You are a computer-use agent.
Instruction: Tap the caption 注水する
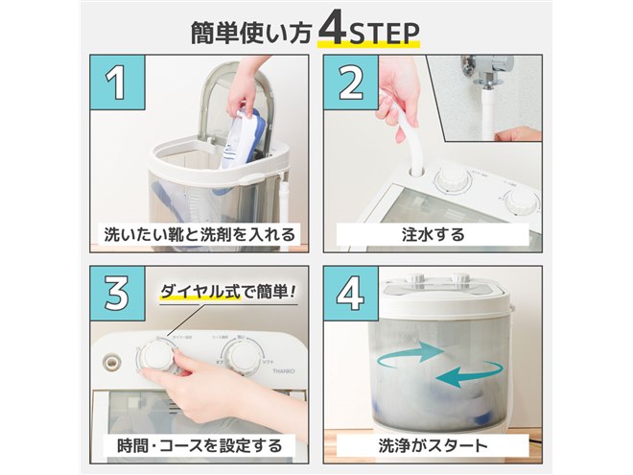click(x=433, y=233)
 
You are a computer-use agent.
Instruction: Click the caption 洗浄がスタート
click(x=433, y=445)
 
